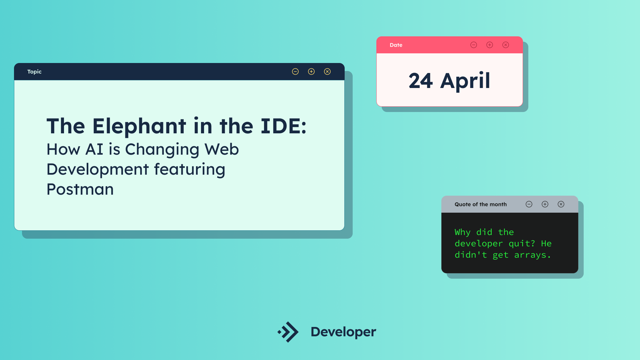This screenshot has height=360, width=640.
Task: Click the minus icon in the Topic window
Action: coord(295,71)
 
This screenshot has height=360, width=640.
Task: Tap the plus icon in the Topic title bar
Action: coord(311,71)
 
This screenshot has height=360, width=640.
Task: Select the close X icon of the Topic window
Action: coord(327,71)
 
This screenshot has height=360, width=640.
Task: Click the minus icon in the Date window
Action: coord(474,45)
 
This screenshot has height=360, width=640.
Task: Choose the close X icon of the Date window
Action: coord(506,45)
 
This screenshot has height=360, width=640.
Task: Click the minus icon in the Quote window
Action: coord(529,204)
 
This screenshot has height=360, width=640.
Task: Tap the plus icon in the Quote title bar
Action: coord(545,204)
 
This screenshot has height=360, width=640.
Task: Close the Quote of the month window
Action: coord(561,204)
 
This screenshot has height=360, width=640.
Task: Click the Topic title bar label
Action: coord(34,72)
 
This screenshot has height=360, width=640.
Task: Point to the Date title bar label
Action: coord(396,45)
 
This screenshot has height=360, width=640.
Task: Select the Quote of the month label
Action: coord(481,204)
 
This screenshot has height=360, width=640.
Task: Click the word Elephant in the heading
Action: coord(139,126)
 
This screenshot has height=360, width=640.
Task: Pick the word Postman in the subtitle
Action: coord(80,189)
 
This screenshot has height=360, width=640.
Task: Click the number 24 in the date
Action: coord(421,81)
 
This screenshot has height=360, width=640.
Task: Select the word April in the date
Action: coord(465,81)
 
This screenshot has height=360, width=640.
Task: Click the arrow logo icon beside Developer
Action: coord(288,332)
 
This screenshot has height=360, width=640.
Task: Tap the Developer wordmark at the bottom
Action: coord(343,332)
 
